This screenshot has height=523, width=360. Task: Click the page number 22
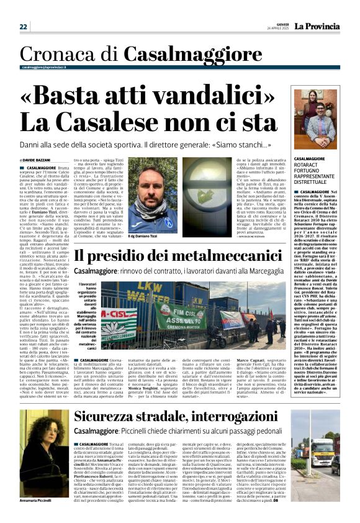23,27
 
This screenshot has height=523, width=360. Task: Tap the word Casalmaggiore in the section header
161,55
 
